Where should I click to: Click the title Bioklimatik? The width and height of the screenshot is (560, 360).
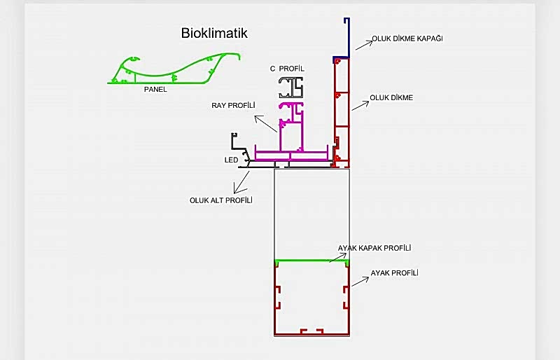(x=213, y=33)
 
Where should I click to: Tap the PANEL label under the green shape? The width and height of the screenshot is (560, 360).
(x=155, y=90)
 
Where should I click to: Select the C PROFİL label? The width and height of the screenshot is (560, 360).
(x=287, y=69)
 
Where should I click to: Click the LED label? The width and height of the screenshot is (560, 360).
(x=231, y=160)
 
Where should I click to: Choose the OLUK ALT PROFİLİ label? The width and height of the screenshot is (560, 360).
(x=220, y=200)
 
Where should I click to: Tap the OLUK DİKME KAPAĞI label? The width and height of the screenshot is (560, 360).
(x=407, y=39)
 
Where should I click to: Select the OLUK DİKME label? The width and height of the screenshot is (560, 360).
(x=391, y=97)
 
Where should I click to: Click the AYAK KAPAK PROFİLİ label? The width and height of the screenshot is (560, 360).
(x=374, y=249)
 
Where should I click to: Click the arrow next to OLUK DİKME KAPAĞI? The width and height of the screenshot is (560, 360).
(x=363, y=43)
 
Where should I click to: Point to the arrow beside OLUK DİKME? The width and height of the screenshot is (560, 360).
(x=359, y=104)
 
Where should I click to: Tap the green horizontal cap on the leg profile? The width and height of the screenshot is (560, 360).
(x=311, y=261)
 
